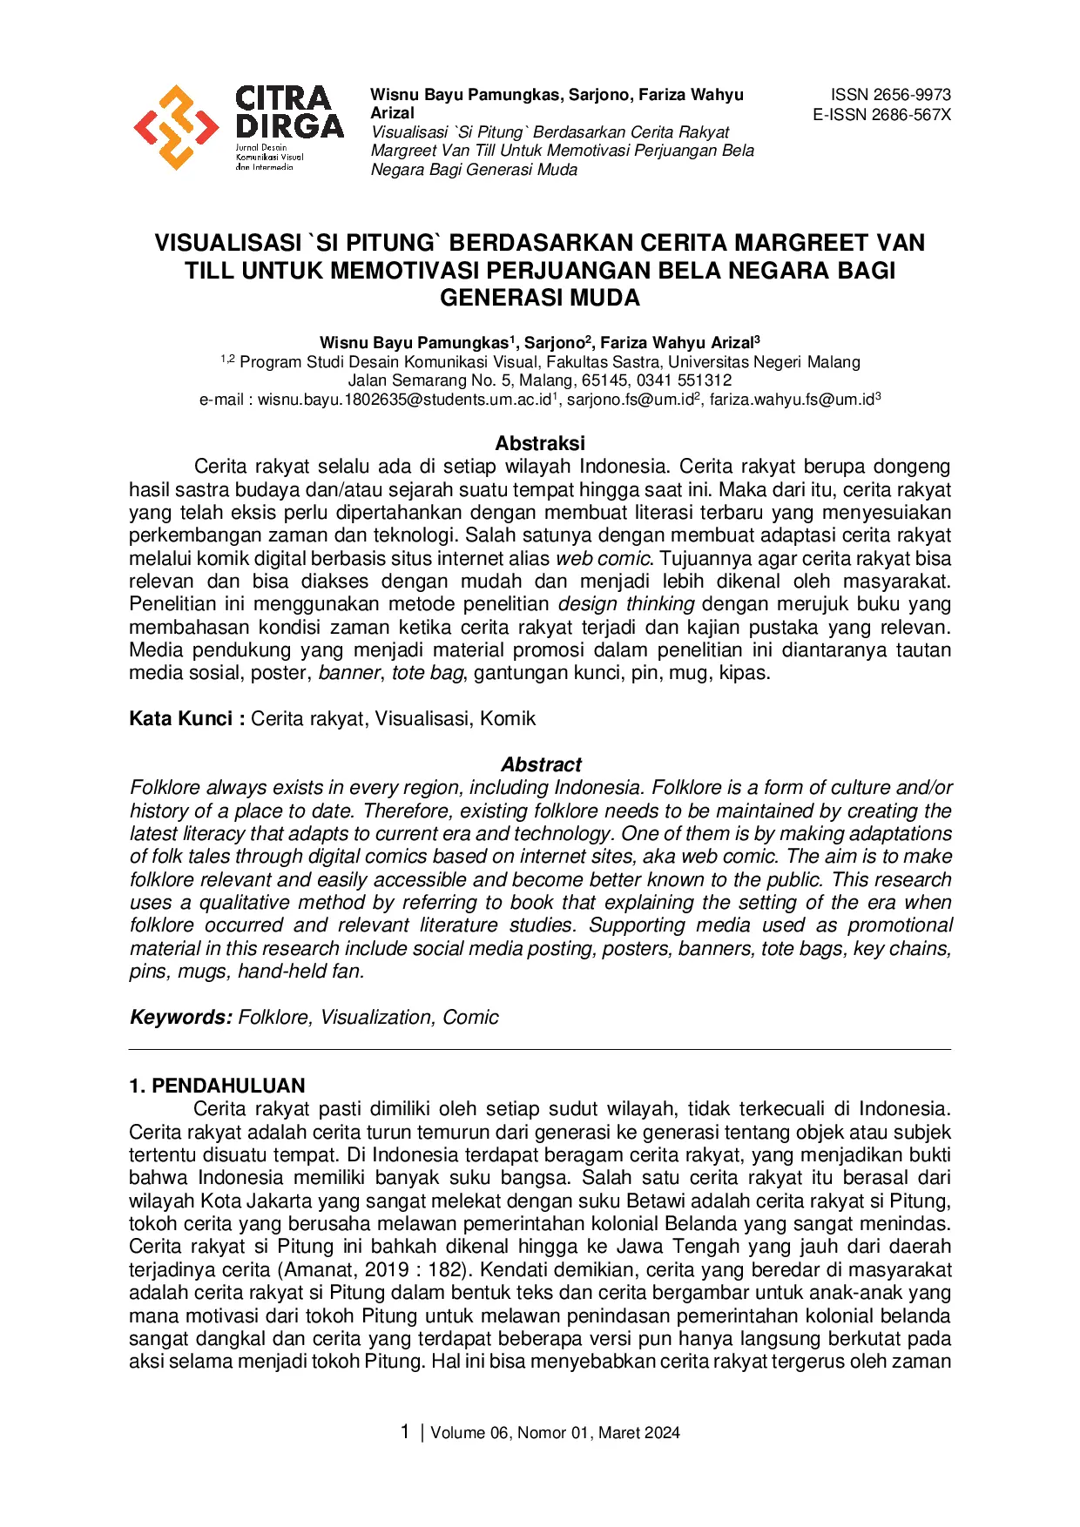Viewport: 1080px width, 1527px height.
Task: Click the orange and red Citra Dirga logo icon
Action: tap(176, 127)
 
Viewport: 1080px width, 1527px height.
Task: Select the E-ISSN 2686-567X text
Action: tap(881, 114)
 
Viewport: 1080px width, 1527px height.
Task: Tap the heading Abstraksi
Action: tap(540, 443)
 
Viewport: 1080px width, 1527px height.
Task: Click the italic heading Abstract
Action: tap(541, 764)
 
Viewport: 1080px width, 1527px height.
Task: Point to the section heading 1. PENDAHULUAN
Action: tap(217, 1086)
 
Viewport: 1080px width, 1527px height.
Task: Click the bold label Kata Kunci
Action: tap(181, 718)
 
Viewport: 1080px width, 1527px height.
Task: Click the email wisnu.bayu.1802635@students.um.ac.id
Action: tap(405, 400)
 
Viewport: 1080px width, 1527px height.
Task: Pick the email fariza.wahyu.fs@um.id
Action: tap(791, 400)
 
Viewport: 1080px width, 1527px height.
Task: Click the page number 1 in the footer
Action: tap(404, 1432)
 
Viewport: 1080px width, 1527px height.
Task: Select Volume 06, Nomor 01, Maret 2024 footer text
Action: tap(555, 1433)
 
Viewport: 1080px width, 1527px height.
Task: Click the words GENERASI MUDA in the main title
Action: tap(540, 298)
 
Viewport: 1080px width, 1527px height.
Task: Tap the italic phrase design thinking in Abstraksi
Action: tap(626, 603)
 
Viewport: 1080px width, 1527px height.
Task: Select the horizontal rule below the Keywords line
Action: tap(540, 1049)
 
